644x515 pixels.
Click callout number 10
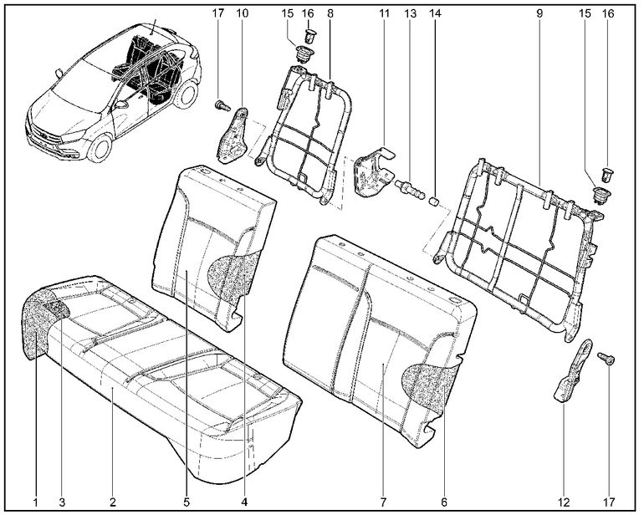tap(243, 14)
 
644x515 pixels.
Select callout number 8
tap(330, 14)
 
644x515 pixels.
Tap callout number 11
tap(384, 14)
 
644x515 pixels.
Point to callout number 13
tap(410, 14)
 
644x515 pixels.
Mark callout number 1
tap(36, 502)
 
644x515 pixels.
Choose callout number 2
tap(111, 502)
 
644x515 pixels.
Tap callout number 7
tap(383, 502)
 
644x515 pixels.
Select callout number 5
tap(187, 502)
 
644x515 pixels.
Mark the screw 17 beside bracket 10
tap(222, 106)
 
